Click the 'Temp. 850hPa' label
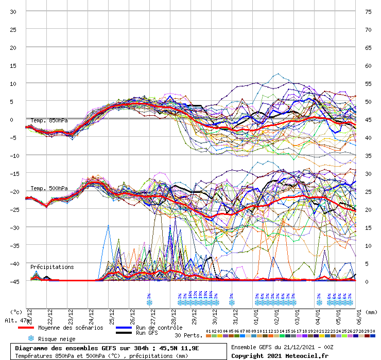[49, 120]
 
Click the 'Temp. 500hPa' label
[49, 188]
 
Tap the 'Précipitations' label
[52, 267]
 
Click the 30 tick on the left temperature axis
[13, 11]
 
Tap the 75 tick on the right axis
[368, 11]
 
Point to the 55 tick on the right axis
[368, 83]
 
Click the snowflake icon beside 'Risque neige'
[30, 338]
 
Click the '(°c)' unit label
[16, 312]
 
